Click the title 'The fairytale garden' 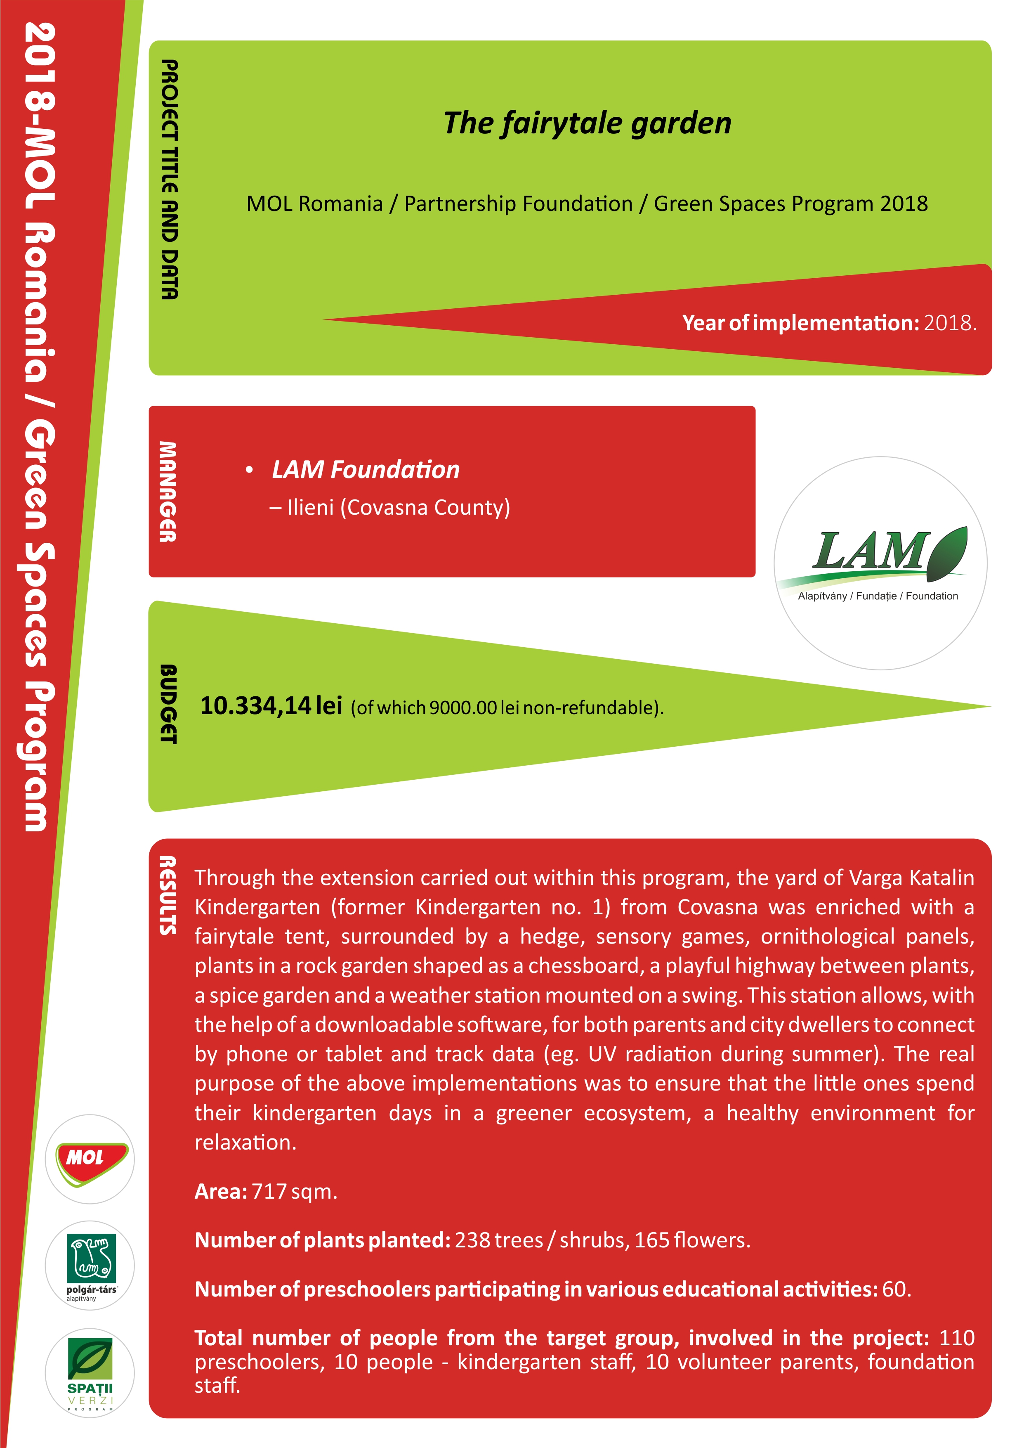coord(587,123)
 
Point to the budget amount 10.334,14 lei coord(271,706)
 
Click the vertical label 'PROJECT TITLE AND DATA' coord(169,180)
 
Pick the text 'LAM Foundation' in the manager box coord(366,470)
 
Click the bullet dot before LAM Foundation coord(250,470)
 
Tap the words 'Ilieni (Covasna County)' coord(399,508)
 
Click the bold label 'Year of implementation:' coord(801,323)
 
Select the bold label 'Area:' coord(221,1191)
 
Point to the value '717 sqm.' coord(295,1191)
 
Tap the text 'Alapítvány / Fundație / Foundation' coord(878,596)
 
